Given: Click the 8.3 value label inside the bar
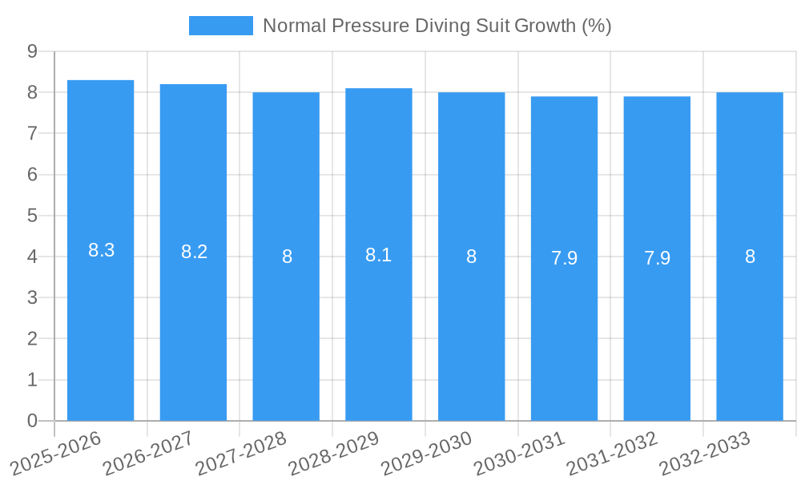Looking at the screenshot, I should click(101, 250).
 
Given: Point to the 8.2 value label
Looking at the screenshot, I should click(194, 252).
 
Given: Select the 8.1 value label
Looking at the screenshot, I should click(379, 255).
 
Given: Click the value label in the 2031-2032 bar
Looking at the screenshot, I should click(657, 258).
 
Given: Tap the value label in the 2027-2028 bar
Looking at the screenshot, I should click(287, 257).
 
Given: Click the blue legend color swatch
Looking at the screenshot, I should click(220, 26).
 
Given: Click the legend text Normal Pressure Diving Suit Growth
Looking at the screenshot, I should click(437, 26).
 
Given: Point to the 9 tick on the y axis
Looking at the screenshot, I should click(32, 51).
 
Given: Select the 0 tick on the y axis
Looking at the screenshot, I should click(32, 421).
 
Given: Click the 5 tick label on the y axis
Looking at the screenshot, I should click(32, 216).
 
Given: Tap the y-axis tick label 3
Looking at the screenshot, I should click(32, 297).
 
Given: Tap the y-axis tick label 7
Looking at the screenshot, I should click(32, 133).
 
